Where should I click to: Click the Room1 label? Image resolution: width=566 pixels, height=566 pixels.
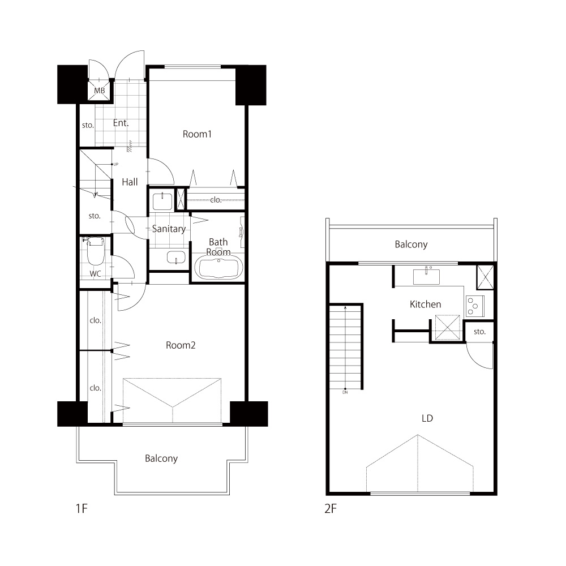coord(197,134)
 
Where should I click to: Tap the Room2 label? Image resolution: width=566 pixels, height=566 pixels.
coord(181,345)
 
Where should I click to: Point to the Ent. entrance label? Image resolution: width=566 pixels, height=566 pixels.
coord(121,123)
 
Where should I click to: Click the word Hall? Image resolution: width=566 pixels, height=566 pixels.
coord(130,182)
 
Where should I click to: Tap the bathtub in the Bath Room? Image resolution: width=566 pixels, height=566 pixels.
coord(218,267)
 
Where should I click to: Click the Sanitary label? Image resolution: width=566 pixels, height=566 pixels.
coord(169,229)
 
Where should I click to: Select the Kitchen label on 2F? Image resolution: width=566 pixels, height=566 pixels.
coord(425,305)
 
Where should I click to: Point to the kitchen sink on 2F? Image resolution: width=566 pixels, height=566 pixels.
coord(426,277)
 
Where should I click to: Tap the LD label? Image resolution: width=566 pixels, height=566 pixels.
coord(427,418)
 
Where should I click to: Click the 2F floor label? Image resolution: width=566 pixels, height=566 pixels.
coord(331,509)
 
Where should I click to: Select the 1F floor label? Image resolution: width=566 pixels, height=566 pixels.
coord(82,509)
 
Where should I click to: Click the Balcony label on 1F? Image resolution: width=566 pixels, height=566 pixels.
coord(161,458)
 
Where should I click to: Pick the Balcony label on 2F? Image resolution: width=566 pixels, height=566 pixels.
coord(411,245)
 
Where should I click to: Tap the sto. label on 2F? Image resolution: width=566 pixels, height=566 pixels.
coord(479,332)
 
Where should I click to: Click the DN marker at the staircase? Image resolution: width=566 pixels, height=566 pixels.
coord(345,392)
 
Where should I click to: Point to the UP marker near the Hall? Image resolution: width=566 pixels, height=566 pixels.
coord(116,164)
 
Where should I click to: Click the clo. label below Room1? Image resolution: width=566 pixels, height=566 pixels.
coord(216,200)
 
